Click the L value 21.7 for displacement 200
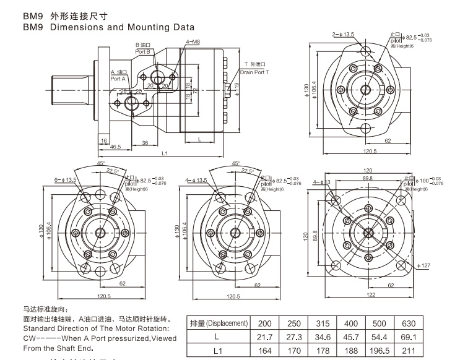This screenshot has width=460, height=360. pyautogui.click(x=265, y=336)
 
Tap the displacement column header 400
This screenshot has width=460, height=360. pyautogui.click(x=351, y=323)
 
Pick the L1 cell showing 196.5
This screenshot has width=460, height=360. pyautogui.click(x=379, y=351)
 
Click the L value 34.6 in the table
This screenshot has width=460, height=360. pyautogui.click(x=322, y=336)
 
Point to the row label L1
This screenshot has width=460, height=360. pyautogui.click(x=218, y=351)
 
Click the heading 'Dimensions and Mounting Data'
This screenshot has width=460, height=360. pyautogui.click(x=122, y=27)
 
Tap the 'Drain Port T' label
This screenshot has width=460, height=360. pyautogui.click(x=254, y=72)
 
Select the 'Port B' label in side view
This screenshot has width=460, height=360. pyautogui.click(x=143, y=52)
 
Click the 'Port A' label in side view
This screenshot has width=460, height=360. pyautogui.click(x=118, y=79)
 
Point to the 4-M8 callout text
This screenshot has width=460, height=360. pyautogui.click(x=193, y=41)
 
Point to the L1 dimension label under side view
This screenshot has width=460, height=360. pyautogui.click(x=165, y=153)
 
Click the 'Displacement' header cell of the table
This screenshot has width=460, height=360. pyautogui.click(x=219, y=323)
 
